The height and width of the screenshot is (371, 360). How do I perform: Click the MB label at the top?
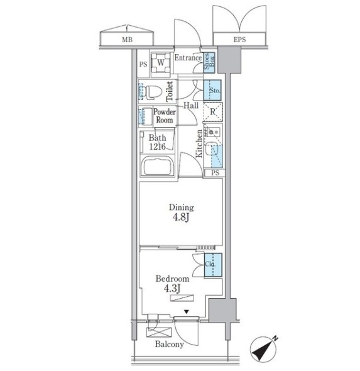127,40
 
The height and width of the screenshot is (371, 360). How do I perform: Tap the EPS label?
239,40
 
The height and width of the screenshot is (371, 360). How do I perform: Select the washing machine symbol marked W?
161,63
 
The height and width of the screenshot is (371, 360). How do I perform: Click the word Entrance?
188,57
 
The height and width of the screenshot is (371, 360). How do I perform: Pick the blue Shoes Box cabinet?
209,62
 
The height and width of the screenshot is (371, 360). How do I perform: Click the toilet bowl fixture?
153,92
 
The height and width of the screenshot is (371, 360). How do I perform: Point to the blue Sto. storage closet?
212,90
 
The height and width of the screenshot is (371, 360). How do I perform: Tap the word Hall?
191,106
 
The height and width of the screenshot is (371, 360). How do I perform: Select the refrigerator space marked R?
213,112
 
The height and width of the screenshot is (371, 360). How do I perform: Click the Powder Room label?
165,116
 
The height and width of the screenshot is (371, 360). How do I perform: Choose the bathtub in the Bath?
158,165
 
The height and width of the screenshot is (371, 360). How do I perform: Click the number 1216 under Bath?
157,147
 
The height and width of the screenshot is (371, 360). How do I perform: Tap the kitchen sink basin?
212,148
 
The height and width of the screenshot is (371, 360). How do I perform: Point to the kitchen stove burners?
213,131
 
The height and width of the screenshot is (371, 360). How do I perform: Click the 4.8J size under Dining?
181,217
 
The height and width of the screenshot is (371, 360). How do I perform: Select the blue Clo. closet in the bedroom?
213,265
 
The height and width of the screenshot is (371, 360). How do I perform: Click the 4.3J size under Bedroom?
172,288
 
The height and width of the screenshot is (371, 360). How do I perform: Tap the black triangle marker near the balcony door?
187,312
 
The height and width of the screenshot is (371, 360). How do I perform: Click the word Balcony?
170,344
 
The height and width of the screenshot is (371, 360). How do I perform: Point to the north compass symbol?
263,348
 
